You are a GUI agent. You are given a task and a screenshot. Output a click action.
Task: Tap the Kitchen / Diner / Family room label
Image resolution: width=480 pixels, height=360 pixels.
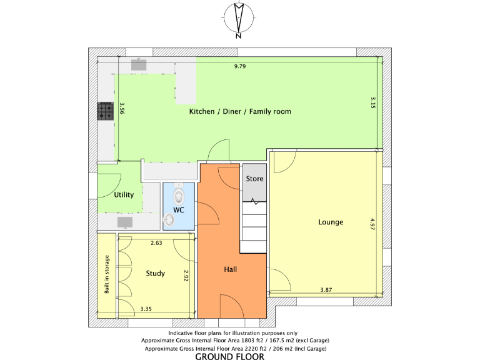(241, 111)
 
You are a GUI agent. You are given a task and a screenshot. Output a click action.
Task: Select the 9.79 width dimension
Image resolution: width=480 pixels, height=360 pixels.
(240, 66)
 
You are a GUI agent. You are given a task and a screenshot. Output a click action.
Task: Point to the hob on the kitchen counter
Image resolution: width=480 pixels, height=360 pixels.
(104, 111)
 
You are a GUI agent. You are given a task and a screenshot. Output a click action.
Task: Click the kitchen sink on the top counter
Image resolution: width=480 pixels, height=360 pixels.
(138, 64)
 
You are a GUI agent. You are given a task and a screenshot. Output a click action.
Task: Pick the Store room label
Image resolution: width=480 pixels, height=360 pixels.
(254, 179)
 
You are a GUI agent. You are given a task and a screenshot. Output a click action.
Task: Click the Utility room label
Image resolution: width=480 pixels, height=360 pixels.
(124, 195)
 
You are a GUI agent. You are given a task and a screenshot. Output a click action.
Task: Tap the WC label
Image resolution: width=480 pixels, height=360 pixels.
(179, 210)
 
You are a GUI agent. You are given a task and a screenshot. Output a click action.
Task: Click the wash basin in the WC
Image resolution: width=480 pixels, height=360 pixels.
(169, 220)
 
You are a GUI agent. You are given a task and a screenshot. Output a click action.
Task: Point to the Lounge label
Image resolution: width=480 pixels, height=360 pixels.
(331, 222)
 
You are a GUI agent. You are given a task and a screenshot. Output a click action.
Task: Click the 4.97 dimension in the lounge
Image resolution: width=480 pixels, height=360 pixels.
(372, 225)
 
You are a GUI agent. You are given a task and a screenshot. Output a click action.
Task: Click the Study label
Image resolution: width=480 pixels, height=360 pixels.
(156, 273)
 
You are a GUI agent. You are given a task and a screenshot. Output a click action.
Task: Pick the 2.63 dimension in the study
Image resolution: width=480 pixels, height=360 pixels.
(156, 243)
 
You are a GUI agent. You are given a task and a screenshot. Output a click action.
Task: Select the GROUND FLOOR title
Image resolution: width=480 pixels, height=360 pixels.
(229, 356)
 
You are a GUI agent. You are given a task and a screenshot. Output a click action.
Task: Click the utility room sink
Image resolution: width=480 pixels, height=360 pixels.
(125, 222)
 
